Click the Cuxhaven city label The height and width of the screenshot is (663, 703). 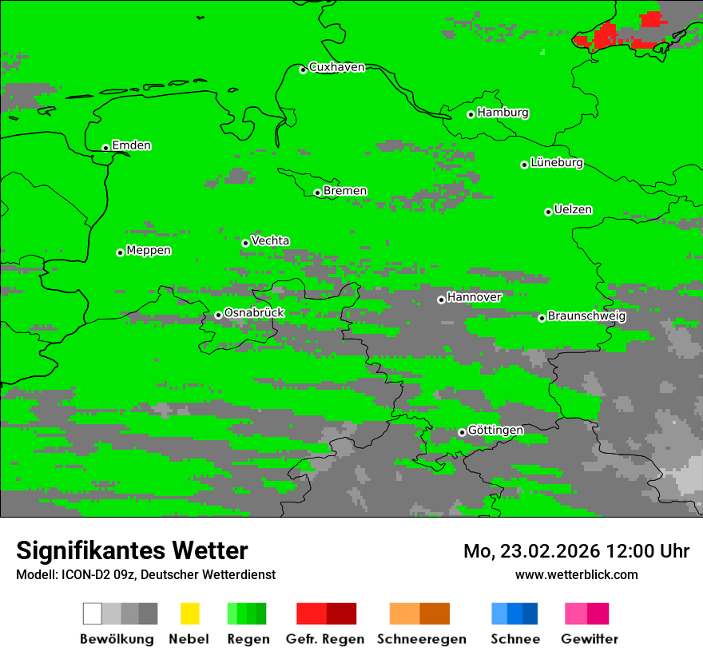tap(336, 67)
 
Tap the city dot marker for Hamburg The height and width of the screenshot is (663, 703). tap(471, 114)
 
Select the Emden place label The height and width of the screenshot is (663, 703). tap(131, 145)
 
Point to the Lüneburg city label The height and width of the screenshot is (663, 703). tap(556, 163)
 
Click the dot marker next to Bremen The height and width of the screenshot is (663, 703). tap(317, 193)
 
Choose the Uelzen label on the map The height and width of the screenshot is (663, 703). tap(573, 210)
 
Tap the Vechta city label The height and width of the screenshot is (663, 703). tap(270, 240)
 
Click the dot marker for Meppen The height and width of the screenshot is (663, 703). tap(120, 252)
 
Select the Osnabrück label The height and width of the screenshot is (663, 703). tap(254, 313)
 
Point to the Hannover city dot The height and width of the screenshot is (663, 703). tap(441, 300)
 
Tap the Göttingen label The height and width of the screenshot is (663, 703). tap(495, 431)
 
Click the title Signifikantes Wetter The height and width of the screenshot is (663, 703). tap(132, 551)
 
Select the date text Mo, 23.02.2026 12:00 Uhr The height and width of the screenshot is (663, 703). tap(576, 551)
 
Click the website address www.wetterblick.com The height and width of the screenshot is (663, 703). tap(576, 574)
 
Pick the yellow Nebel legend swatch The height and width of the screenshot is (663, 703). tap(189, 613)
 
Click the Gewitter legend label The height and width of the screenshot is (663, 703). tap(589, 639)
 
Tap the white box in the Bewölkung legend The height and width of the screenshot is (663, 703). tap(93, 613)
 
